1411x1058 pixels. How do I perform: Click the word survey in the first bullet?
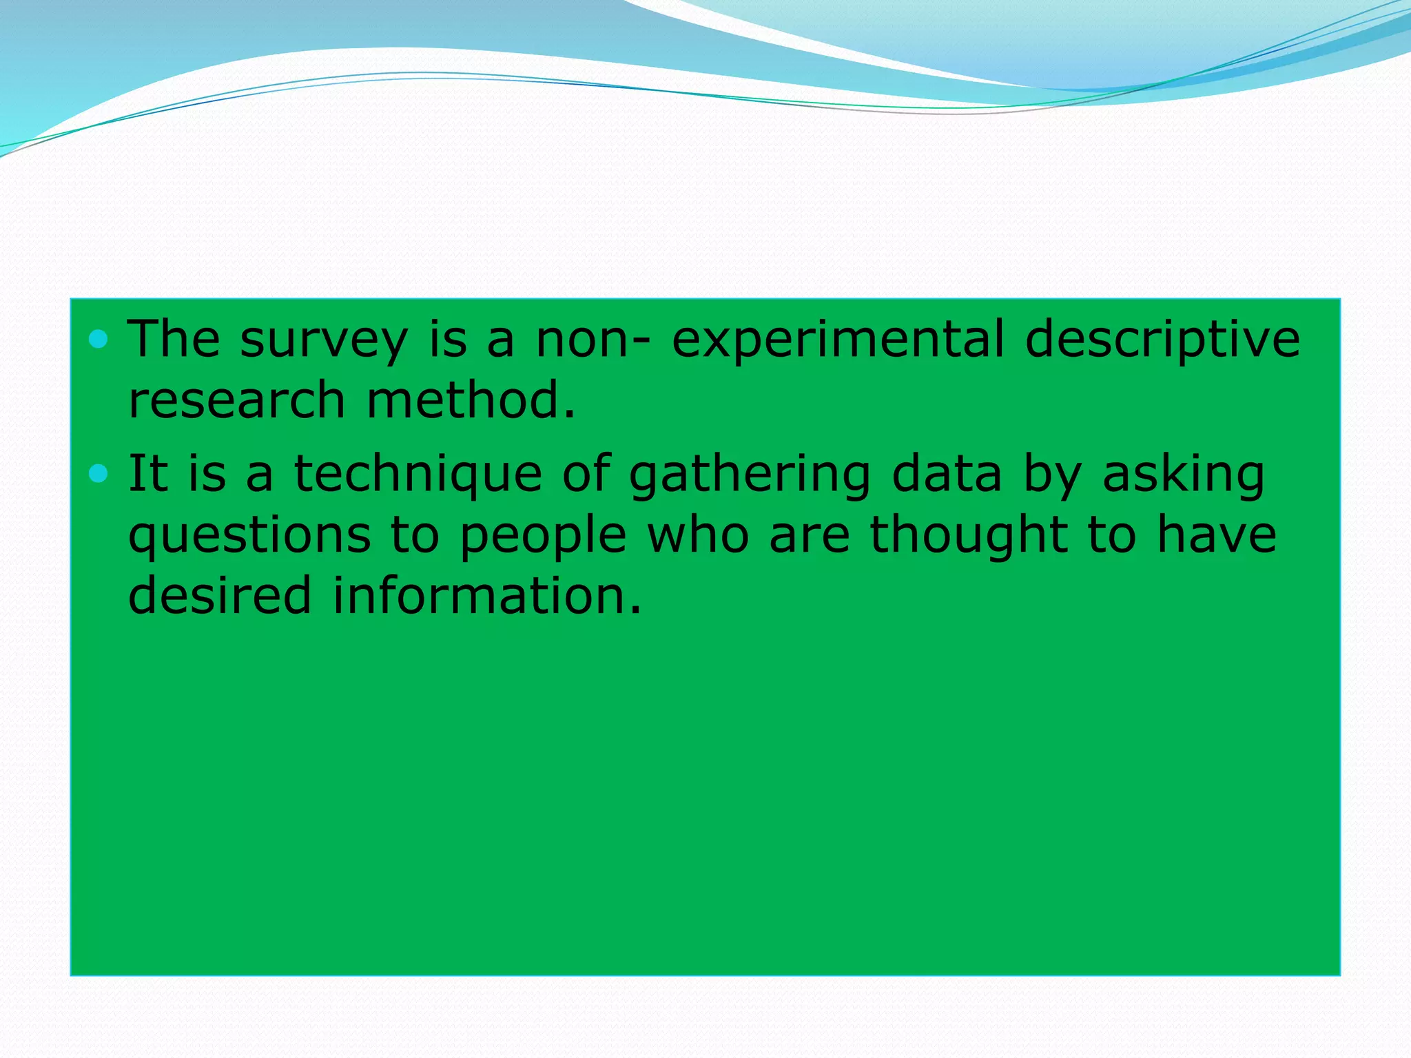click(x=324, y=341)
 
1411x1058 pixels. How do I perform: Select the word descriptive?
click(x=1162, y=341)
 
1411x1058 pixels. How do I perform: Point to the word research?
click(x=236, y=401)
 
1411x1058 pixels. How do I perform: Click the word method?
click(x=471, y=401)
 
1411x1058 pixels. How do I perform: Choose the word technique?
click(x=418, y=475)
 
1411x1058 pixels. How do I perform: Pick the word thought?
click(x=969, y=536)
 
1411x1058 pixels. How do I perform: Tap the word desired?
click(x=220, y=596)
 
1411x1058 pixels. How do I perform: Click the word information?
click(x=487, y=596)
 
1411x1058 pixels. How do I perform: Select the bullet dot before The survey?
click(x=99, y=339)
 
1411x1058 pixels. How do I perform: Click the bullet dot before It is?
click(x=99, y=474)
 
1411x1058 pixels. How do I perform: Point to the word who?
click(x=698, y=535)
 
